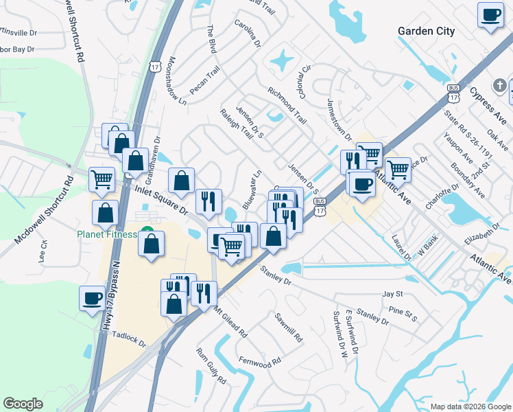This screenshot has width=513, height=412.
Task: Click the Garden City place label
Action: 426,31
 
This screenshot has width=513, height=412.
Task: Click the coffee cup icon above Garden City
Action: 490,15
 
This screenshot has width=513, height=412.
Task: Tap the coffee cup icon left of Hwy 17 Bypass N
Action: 92,298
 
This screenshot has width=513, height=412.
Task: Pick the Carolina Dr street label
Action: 248,34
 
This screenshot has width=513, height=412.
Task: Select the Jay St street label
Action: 392,293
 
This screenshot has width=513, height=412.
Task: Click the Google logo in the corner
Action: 23,404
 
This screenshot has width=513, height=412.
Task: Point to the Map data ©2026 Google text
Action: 470,406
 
